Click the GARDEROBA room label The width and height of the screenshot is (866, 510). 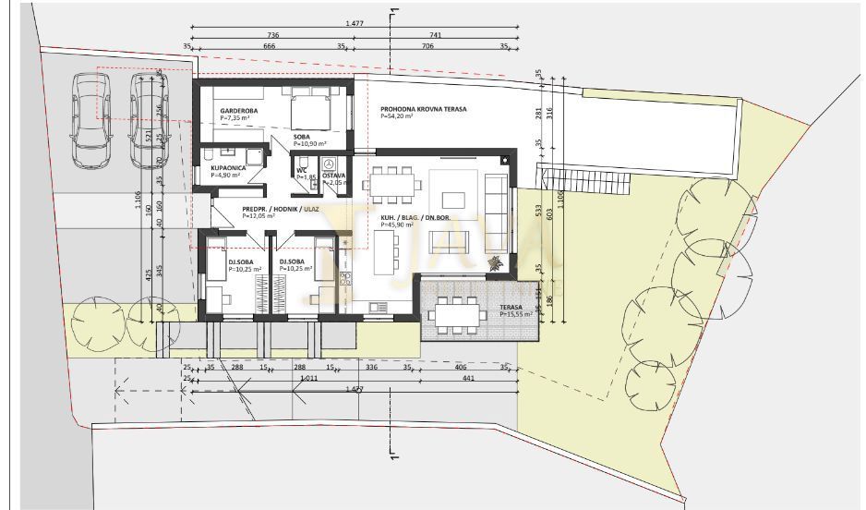click(x=238, y=111)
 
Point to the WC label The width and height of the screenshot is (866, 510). click(x=301, y=170)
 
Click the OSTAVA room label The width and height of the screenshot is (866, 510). click(x=333, y=176)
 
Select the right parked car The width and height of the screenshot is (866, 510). click(x=148, y=120)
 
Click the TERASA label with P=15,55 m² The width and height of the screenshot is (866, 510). click(x=512, y=308)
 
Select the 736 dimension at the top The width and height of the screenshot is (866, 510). click(x=273, y=34)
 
